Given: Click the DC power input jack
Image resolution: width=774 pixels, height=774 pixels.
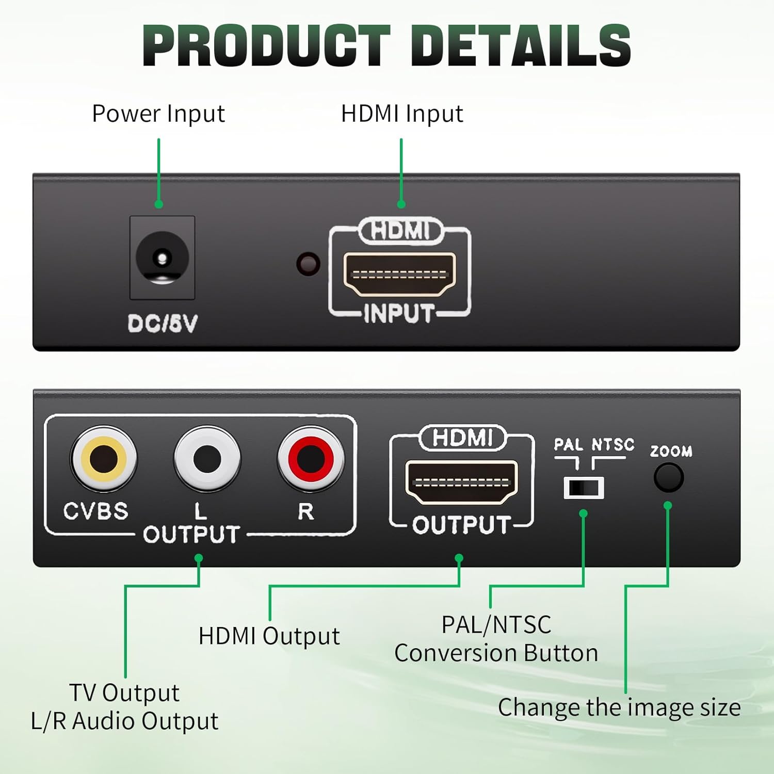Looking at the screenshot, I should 162,257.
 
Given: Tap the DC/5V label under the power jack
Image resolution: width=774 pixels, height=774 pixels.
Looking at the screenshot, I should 163,324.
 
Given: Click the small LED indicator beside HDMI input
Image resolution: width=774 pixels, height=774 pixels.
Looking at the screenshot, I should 308,264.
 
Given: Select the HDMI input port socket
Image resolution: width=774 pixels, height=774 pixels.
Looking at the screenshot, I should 399,274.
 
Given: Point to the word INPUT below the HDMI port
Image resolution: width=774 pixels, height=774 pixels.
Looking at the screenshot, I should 399,314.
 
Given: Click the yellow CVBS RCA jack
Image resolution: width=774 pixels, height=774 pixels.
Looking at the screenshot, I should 104,458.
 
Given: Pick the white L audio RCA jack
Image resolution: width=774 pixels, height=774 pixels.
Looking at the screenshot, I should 207,458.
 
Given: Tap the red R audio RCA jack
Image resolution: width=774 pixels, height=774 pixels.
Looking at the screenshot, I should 310,458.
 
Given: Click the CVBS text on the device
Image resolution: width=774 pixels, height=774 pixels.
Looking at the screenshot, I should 95,511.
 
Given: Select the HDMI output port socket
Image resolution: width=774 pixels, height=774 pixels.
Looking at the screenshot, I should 461,482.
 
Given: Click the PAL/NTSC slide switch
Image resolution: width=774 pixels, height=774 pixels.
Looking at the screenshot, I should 584,488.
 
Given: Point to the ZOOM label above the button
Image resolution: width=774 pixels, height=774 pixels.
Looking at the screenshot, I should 671,451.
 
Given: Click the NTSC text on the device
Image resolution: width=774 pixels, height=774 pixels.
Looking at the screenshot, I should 612,444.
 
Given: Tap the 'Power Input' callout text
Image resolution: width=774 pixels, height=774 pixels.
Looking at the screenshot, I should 158,114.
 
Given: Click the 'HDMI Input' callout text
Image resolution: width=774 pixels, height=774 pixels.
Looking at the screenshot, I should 402,114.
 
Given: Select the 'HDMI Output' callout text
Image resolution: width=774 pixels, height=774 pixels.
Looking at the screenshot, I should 269,636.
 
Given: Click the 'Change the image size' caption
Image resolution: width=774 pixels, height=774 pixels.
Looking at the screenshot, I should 619,707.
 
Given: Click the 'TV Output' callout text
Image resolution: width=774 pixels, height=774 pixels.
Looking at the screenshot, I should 124,693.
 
